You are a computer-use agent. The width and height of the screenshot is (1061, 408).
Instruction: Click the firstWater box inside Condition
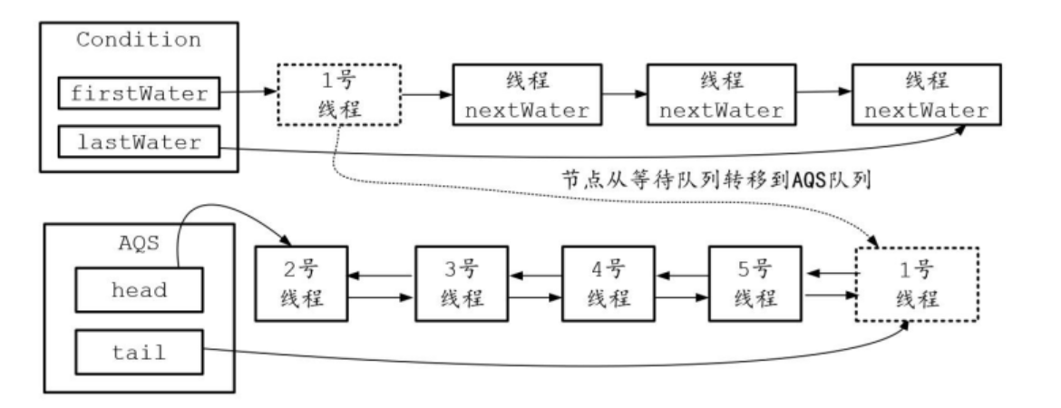coord(137,93)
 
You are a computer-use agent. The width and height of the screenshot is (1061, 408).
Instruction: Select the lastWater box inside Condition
coord(137,141)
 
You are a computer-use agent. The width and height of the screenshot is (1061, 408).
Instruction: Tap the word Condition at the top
coord(138,40)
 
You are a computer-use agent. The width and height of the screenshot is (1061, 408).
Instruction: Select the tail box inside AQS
coord(138,353)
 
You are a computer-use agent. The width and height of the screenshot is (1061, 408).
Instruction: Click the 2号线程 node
coord(303,283)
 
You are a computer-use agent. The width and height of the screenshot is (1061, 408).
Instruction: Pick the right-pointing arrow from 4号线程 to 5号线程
coord(679,296)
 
